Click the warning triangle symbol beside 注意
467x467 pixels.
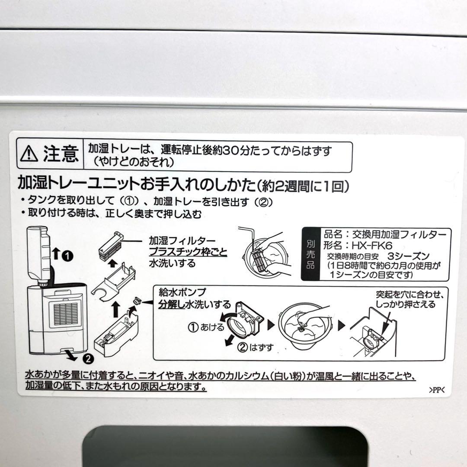point(29,153)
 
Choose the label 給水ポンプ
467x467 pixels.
point(177,292)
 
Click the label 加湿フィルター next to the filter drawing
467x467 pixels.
point(177,240)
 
